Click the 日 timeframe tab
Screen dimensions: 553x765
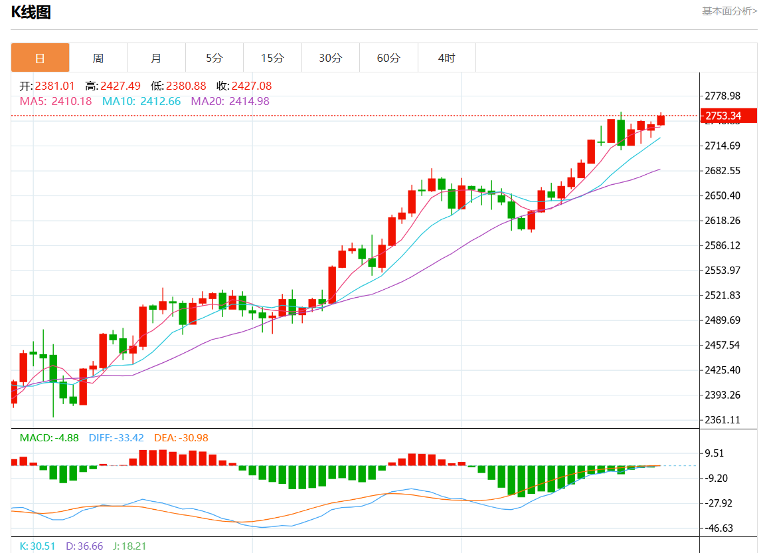coord(40,58)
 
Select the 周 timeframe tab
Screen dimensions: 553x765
coord(98,58)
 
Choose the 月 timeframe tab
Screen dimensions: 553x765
coord(156,58)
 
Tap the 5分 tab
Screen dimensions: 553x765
coord(214,58)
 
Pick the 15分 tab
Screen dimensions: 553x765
coord(272,58)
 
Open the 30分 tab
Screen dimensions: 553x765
coord(330,58)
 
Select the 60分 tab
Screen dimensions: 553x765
coord(388,58)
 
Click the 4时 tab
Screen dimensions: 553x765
coord(446,58)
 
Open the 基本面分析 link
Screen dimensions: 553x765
coord(729,11)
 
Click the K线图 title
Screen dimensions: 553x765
coord(31,12)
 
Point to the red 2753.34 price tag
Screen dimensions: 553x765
coord(730,116)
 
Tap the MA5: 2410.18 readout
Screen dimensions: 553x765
coord(56,102)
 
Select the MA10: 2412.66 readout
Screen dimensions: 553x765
coord(141,102)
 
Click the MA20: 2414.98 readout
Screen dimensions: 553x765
coord(230,102)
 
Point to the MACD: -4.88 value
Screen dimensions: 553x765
coord(49,438)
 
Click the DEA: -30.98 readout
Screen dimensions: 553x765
coord(181,438)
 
